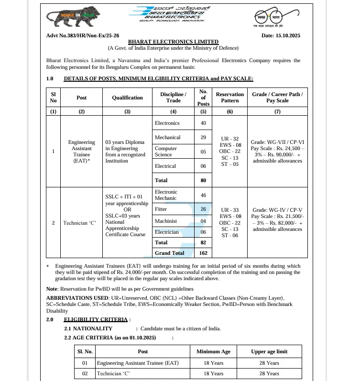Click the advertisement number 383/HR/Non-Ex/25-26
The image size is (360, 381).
click(x=83, y=36)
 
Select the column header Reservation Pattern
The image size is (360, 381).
click(x=229, y=98)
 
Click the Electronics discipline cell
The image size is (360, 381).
click(x=167, y=123)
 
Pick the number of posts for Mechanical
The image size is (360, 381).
click(x=203, y=138)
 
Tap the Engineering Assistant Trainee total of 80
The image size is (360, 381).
click(x=203, y=180)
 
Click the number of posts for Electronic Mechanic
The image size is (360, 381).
click(x=203, y=195)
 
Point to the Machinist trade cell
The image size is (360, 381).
click(x=165, y=221)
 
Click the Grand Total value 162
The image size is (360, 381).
click(x=203, y=253)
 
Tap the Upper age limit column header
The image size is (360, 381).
click(x=269, y=351)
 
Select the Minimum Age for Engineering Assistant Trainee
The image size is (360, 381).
click(x=213, y=363)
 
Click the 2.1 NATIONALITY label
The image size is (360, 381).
click(x=88, y=328)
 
